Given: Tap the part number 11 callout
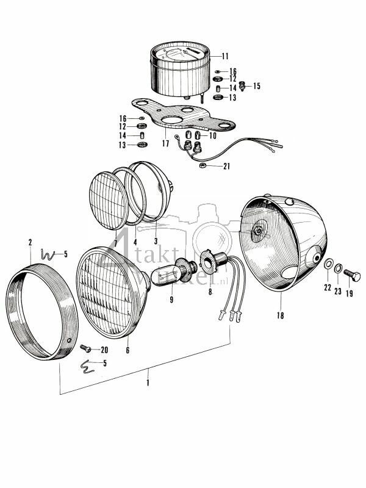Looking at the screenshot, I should point(225,56).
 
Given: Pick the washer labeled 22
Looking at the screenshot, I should point(328,266).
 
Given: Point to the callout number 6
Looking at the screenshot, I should point(127,350).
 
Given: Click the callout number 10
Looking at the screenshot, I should point(212,135).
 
